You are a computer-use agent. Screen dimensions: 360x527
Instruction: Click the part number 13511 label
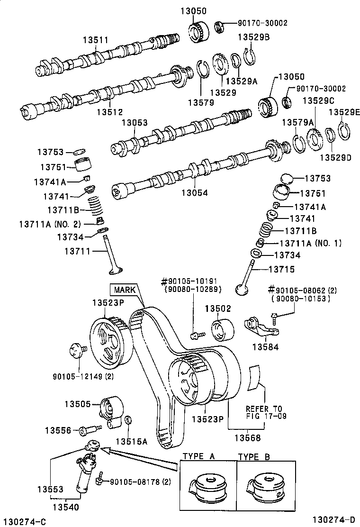[96, 40]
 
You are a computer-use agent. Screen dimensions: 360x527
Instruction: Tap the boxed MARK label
[125, 290]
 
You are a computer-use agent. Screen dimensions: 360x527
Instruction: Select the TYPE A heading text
[199, 456]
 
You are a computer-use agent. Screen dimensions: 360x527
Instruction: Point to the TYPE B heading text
[254, 456]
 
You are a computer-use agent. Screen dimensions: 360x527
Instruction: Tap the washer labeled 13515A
[128, 420]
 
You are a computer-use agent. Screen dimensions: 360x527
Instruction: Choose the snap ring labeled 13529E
[344, 131]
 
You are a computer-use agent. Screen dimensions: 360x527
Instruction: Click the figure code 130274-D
[333, 519]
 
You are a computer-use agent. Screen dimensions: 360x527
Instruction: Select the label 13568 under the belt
[247, 437]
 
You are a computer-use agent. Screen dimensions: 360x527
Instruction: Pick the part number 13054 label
[195, 192]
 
